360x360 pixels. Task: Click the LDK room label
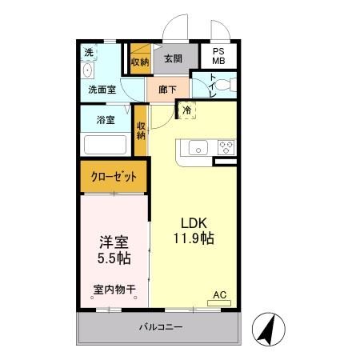click(x=192, y=223)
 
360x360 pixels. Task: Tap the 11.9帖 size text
click(x=192, y=238)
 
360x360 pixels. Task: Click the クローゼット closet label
click(x=113, y=177)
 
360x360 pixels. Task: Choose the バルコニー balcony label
click(x=161, y=327)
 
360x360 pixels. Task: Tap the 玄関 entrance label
click(x=173, y=59)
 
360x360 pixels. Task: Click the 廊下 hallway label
click(x=167, y=90)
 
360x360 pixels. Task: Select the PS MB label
click(x=218, y=60)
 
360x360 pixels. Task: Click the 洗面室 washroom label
click(x=102, y=90)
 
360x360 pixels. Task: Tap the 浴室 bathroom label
click(x=105, y=120)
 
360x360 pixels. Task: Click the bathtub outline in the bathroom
click(x=106, y=146)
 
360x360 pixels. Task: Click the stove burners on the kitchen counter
click(x=226, y=146)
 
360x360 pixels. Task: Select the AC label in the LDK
click(x=220, y=294)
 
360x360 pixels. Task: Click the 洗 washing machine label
click(x=89, y=53)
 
